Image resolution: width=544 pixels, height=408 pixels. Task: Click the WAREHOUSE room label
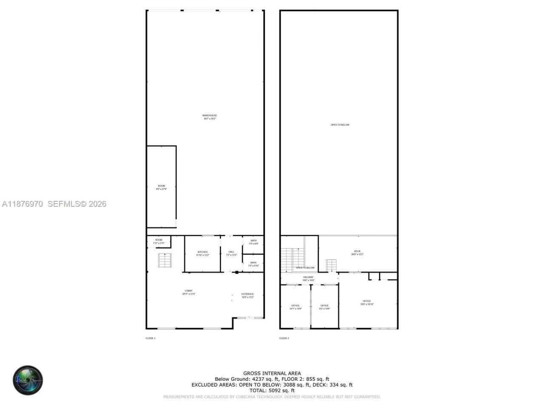pos(210,117)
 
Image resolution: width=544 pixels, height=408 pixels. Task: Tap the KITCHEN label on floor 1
pos(202,253)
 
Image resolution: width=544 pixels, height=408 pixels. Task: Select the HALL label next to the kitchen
pos(231,253)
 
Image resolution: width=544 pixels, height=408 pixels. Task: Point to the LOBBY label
pos(188,292)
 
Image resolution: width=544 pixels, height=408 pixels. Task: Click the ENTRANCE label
pos(247,295)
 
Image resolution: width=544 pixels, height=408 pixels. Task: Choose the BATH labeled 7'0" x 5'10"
pos(253,264)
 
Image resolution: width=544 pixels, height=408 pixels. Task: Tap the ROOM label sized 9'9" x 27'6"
pos(161,187)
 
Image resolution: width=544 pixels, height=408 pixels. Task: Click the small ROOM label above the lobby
pos(159,241)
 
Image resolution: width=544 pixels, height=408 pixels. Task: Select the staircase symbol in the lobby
pos(164,260)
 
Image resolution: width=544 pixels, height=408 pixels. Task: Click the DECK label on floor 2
pos(357,252)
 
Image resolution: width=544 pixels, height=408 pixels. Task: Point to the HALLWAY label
pos(308,278)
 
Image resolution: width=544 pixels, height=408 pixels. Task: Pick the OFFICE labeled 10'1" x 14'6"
pos(295,307)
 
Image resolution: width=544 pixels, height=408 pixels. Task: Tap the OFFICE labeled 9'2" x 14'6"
pos(324,307)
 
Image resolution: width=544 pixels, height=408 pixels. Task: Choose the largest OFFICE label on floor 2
pos(367,303)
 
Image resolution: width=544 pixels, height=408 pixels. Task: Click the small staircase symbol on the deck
pos(331,265)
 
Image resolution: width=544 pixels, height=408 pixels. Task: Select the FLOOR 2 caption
pos(284,338)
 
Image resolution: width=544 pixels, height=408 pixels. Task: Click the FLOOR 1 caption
pos(150,338)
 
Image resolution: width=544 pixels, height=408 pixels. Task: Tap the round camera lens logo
pos(28,380)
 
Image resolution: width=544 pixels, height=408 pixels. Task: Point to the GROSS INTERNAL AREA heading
pos(272,374)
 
